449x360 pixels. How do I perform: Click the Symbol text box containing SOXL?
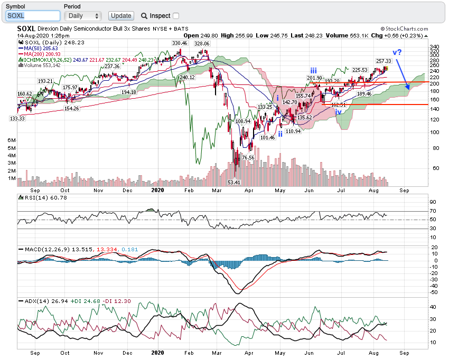pyautogui.click(x=33, y=16)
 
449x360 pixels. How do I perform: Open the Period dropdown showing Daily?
pyautogui.click(x=82, y=16)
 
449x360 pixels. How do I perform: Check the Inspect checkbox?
pyautogui.click(x=176, y=16)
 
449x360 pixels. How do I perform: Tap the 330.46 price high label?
pyautogui.click(x=180, y=43)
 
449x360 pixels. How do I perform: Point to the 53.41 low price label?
pyautogui.click(x=233, y=182)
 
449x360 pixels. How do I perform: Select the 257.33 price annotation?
pyautogui.click(x=383, y=61)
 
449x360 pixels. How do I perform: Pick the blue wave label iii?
pyautogui.click(x=314, y=70)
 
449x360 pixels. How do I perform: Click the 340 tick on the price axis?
pyautogui.click(x=434, y=46)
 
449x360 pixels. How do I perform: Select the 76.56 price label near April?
pyautogui.click(x=248, y=157)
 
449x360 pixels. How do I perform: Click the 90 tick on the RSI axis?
pyautogui.click(x=432, y=202)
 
